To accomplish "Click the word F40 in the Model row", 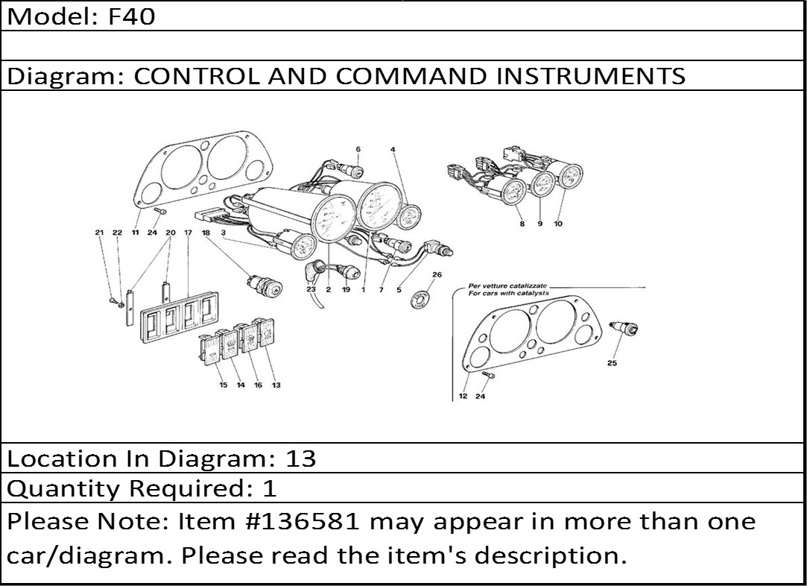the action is point(132,16).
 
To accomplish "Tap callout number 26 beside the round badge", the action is point(437,274).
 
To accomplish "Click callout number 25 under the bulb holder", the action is point(612,363).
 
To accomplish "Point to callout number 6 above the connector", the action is point(358,149).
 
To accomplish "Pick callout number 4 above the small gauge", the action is point(393,149).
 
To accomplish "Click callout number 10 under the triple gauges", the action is point(558,224).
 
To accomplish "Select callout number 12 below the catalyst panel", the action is point(463,396).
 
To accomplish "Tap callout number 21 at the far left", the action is point(99,232).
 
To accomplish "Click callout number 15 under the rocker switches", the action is point(224,385).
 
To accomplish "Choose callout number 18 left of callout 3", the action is point(206,232).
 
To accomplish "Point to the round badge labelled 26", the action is point(420,299).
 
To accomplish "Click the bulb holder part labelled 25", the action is point(624,328).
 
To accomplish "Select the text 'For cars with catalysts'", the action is point(508,293).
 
